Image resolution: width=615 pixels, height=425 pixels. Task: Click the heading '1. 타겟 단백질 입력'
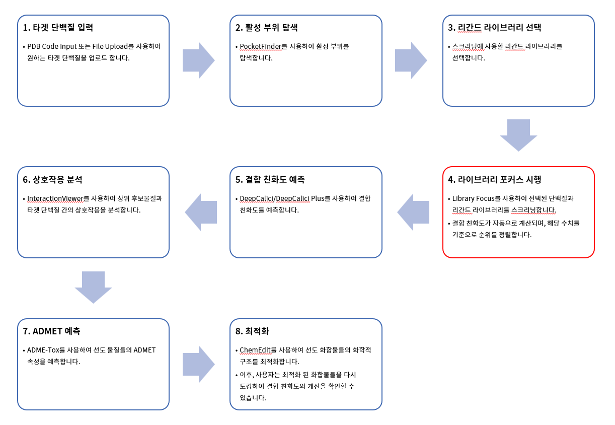58,28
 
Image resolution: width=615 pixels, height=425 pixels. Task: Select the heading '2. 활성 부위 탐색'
270,28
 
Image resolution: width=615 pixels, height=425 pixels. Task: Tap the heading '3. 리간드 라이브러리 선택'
494,28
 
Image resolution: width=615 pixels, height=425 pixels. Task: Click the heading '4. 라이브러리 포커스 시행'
494,180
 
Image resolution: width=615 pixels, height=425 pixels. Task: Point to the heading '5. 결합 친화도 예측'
270,180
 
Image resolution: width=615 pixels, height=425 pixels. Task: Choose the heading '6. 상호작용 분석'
52,180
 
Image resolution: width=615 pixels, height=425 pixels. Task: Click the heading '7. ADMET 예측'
51,331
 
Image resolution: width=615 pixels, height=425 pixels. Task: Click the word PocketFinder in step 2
260,46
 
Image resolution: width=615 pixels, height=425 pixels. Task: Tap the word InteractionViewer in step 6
55,198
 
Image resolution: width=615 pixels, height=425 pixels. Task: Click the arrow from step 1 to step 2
198,60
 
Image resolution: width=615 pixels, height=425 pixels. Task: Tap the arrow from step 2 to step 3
411,60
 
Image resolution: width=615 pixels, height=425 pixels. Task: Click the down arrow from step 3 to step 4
518,134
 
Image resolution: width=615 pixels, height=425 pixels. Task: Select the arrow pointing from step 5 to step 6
201,212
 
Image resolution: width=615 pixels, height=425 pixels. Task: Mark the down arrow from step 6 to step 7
93,287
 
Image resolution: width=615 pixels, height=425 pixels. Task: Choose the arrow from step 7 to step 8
198,364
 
